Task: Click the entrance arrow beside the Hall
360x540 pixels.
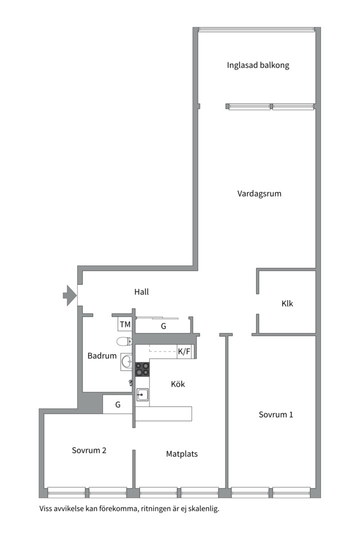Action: [68, 295]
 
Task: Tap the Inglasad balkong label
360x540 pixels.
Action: [258, 65]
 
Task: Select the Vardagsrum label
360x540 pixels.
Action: [259, 193]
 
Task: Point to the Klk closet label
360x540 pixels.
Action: [287, 303]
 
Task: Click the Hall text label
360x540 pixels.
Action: [141, 292]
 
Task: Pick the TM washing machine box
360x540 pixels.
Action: [125, 324]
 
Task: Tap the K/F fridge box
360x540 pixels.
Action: [184, 351]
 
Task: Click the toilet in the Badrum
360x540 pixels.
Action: [124, 341]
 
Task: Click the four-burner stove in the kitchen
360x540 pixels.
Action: [142, 369]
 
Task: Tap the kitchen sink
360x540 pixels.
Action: [142, 394]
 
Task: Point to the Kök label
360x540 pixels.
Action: [178, 384]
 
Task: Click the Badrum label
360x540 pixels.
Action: [102, 356]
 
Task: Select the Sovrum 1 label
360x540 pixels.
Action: [276, 414]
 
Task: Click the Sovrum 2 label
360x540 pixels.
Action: [89, 450]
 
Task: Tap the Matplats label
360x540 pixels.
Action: [182, 454]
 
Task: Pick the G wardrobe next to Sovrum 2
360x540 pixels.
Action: [118, 404]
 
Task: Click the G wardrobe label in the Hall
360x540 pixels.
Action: [163, 326]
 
